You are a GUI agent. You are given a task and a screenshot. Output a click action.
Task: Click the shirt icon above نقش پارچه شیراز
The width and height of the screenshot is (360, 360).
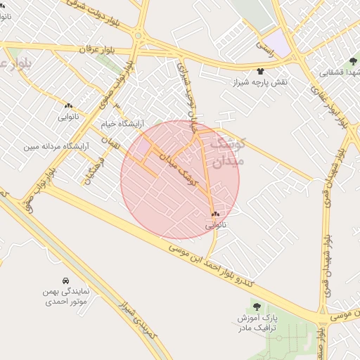click(260, 71)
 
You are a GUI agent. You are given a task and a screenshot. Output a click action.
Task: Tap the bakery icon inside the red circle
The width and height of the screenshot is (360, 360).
click(215, 214)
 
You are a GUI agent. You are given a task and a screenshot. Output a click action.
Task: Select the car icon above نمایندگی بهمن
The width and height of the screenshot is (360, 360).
click(65, 280)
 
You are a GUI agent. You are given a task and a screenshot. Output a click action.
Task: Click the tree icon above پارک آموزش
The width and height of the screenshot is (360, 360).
click(257, 307)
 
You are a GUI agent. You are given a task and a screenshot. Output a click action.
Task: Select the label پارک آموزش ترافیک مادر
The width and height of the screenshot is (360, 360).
click(257, 323)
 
